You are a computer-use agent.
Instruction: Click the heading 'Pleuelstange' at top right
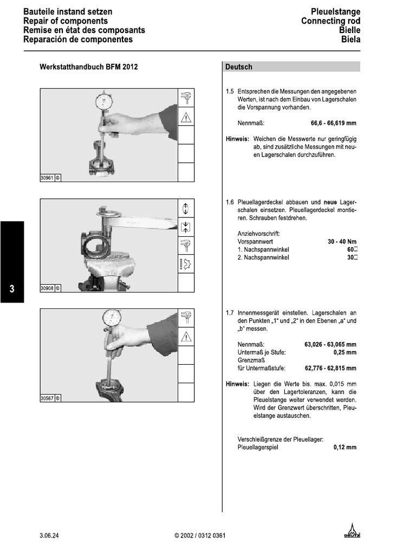tap(335, 12)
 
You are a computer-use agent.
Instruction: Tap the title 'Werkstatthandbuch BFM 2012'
tap(89, 67)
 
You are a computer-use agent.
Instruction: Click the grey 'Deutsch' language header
tap(239, 67)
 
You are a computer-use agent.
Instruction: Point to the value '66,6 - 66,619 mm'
tap(334, 123)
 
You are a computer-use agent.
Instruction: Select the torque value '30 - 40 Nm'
tap(342, 241)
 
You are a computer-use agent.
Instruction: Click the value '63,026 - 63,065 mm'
tap(330, 344)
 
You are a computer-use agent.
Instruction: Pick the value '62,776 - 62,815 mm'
tap(330, 369)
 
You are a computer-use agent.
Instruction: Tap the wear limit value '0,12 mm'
tap(345, 448)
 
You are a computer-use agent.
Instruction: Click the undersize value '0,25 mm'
tap(345, 352)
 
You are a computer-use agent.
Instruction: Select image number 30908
tap(47, 288)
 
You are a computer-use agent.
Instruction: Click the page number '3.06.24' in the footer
tap(49, 536)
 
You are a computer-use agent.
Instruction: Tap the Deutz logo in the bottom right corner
tap(352, 533)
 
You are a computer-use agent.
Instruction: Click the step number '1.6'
tap(230, 203)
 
